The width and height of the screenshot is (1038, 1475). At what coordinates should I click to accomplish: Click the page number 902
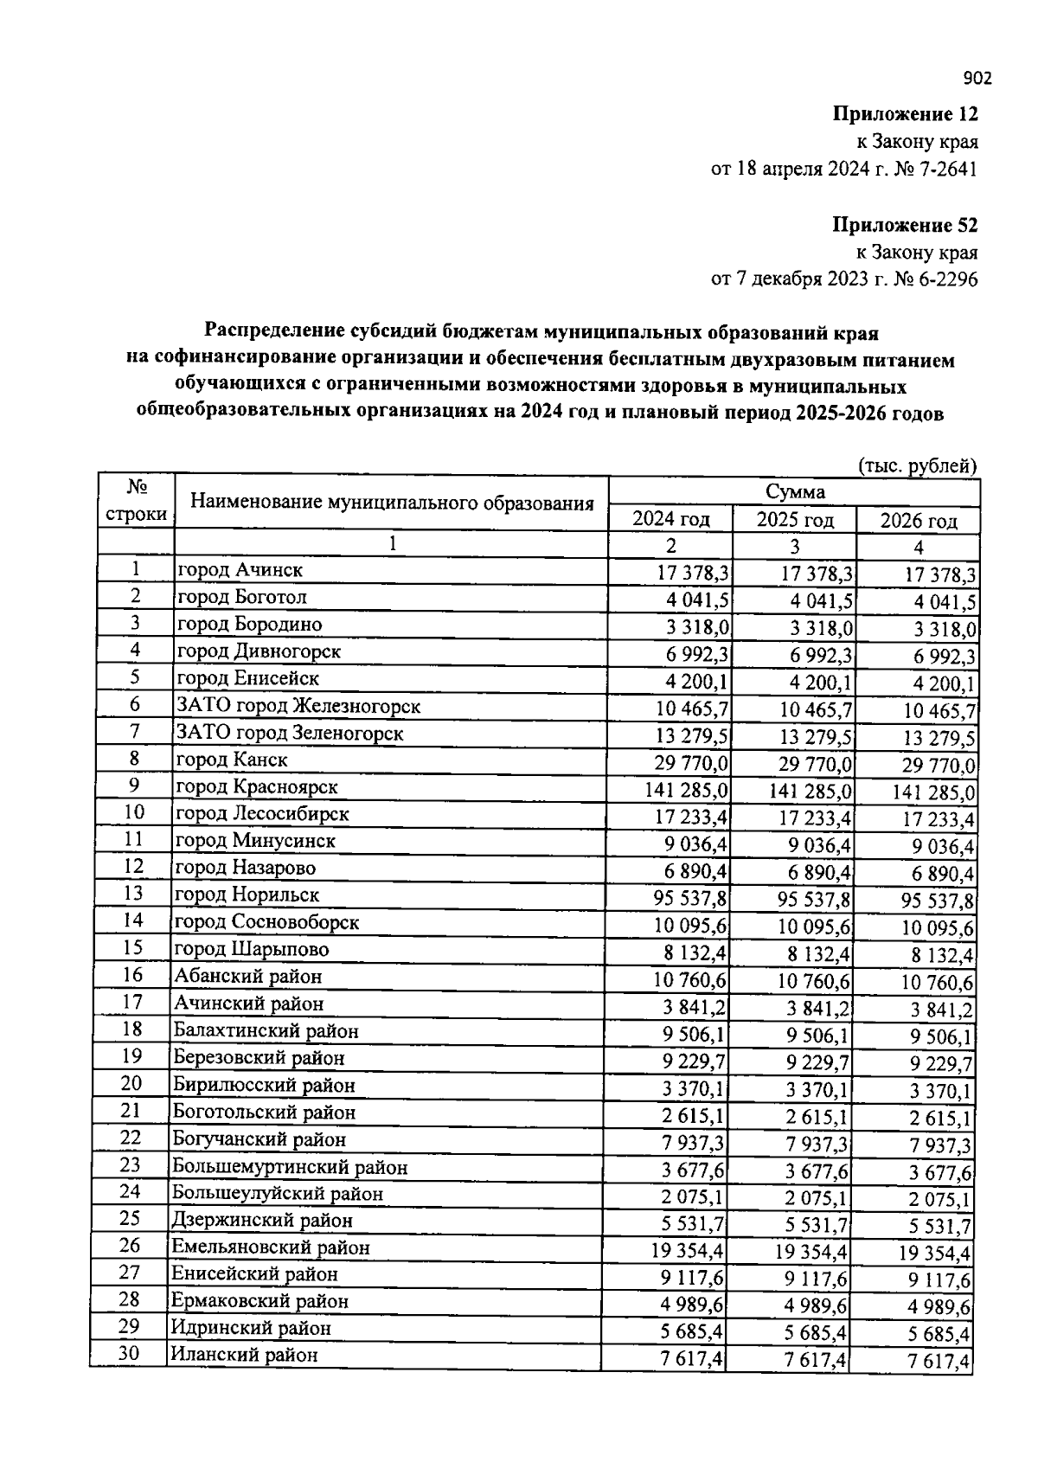pos(977,80)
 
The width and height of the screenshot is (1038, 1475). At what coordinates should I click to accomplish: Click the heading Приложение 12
pos(904,114)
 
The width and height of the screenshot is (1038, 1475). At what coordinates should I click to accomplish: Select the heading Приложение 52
pos(904,226)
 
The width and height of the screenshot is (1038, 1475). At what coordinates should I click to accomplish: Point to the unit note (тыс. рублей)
pos(917,465)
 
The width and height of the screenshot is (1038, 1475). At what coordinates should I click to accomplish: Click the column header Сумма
pos(795,492)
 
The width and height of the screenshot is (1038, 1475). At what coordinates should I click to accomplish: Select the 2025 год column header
pos(794,520)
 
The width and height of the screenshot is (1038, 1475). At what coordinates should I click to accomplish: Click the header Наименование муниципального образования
pos(392,503)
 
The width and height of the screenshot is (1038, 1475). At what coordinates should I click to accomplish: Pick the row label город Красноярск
pos(257,786)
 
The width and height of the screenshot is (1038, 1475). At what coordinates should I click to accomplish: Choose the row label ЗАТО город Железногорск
pos(298,706)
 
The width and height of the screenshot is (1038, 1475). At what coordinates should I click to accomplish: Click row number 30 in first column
pos(129,1354)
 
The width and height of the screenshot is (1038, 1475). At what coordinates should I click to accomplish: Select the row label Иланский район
pos(244,1355)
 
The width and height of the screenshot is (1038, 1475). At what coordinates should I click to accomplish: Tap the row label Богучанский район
pos(259,1139)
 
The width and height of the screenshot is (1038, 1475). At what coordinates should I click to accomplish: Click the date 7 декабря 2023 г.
pos(804,279)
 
